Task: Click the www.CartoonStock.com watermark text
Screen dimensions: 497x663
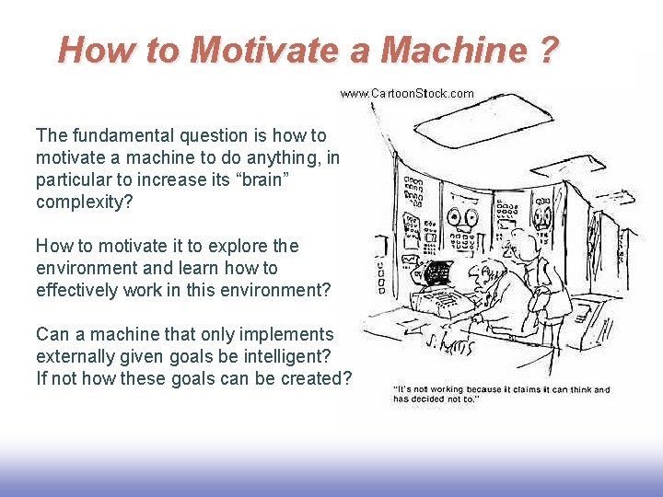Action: (x=407, y=93)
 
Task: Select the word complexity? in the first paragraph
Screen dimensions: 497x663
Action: (x=84, y=202)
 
